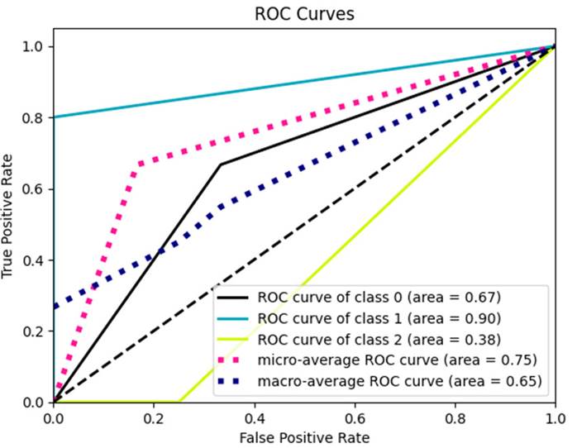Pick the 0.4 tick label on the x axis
(x=254, y=416)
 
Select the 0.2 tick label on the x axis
(x=154, y=416)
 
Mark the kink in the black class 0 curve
(x=221, y=164)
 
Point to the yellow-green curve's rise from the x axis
(x=179, y=403)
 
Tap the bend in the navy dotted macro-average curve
(x=221, y=206)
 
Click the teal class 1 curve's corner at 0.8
(x=54, y=117)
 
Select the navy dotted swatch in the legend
(x=235, y=381)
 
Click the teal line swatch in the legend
(x=235, y=317)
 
